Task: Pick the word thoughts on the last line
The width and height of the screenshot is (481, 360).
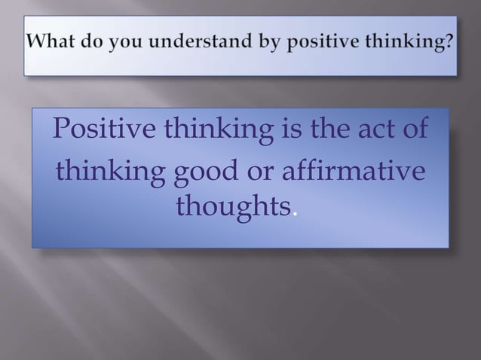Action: [x=232, y=205]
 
